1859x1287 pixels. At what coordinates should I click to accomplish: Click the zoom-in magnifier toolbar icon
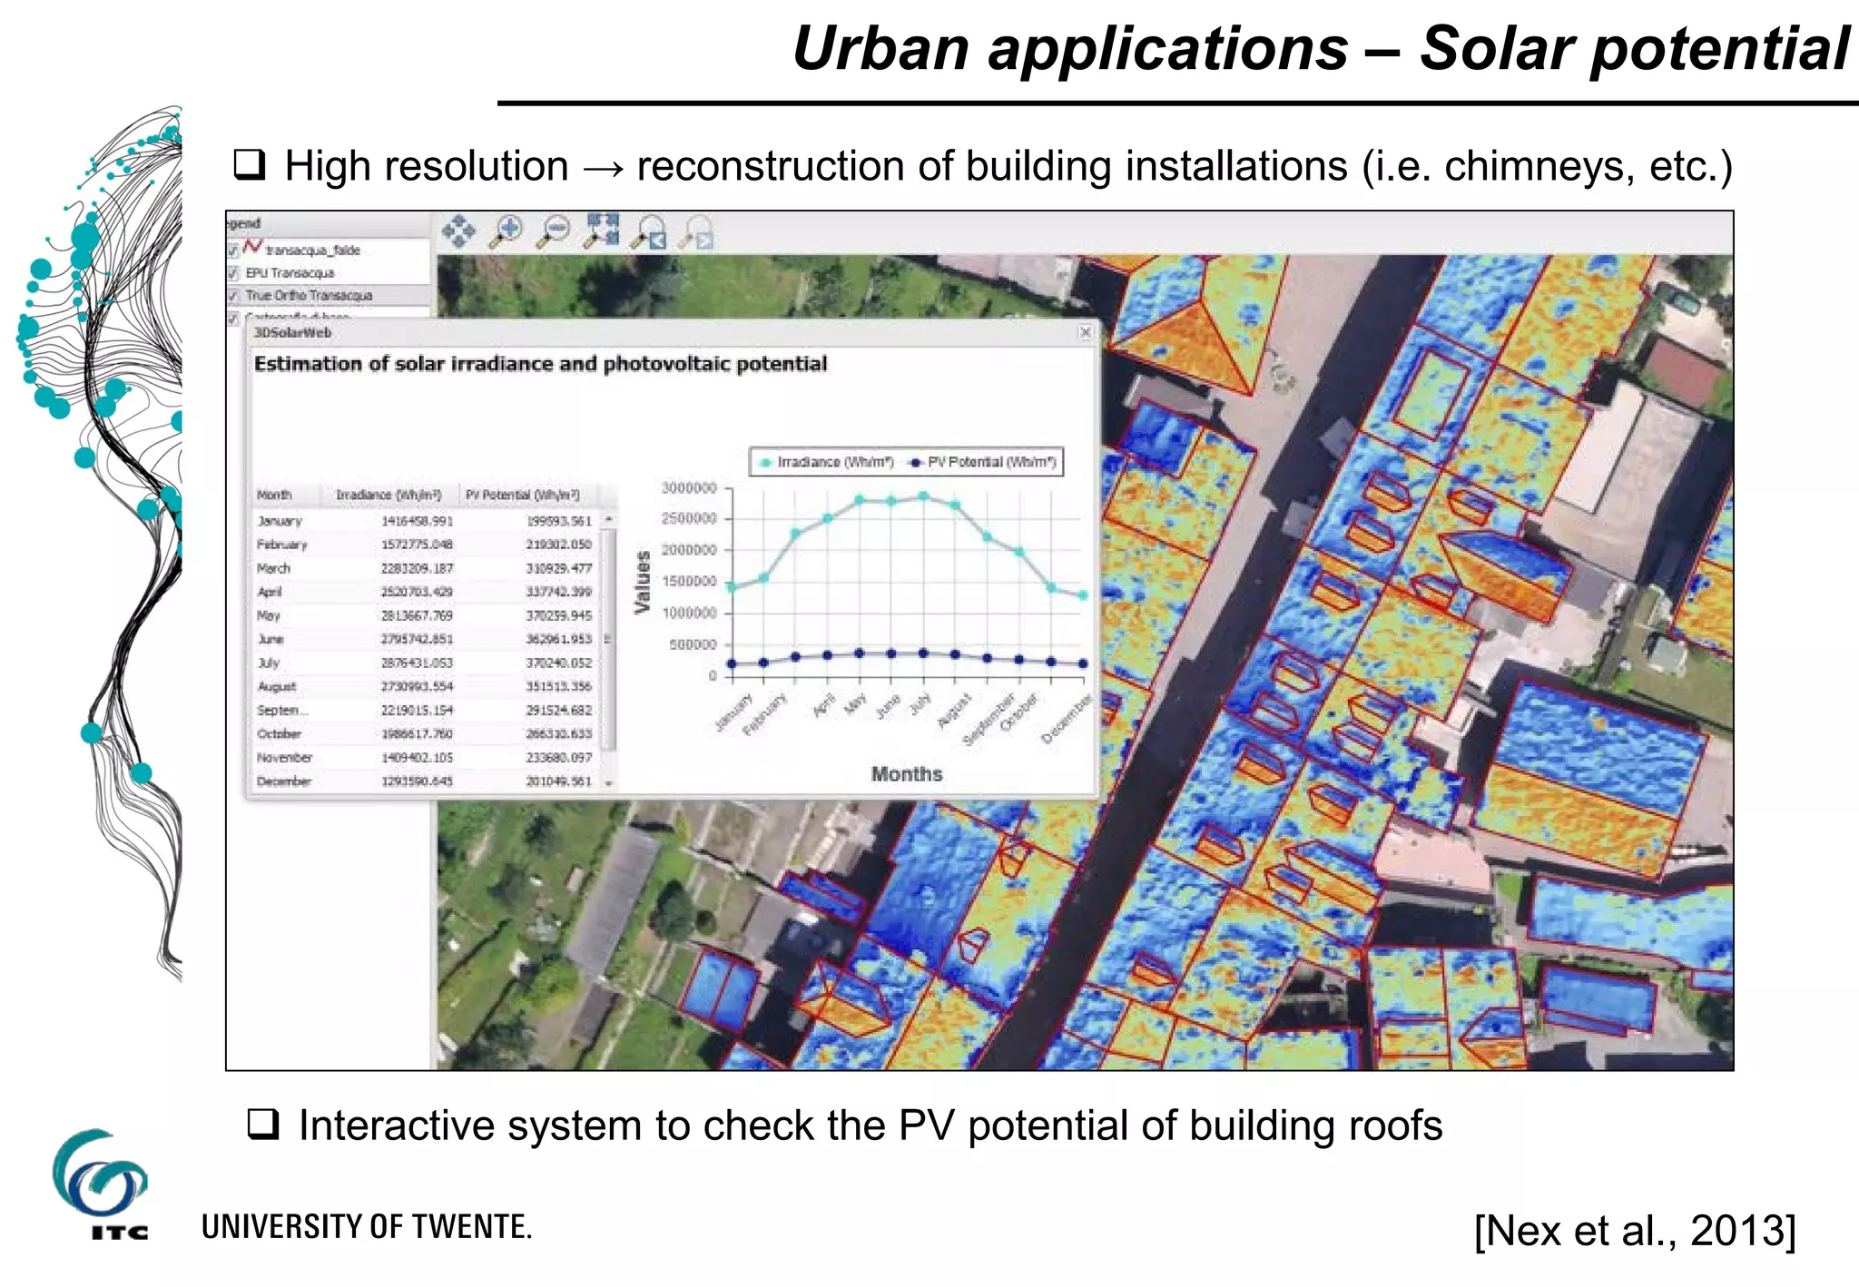[507, 231]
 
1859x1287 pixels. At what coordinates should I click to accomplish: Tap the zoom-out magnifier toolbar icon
[554, 231]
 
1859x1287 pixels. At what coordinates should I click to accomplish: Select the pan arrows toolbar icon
[458, 231]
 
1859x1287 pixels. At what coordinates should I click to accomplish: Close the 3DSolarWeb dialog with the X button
[1085, 333]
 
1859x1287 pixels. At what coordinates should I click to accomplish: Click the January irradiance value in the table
[417, 521]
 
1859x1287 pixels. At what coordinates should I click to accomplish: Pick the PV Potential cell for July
[558, 663]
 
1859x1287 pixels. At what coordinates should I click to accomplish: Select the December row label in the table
[283, 781]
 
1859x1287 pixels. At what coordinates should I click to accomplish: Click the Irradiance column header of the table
[389, 495]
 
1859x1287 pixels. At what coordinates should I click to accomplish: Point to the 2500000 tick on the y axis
[689, 518]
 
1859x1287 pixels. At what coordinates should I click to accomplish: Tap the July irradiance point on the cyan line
[923, 496]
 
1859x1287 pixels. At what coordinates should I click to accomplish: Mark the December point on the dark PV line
[1082, 663]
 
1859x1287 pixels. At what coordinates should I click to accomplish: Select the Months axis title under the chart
[906, 774]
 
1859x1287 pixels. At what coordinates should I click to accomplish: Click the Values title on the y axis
[643, 582]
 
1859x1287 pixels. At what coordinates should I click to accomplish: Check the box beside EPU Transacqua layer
[233, 273]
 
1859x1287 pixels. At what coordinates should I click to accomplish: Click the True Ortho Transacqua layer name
[309, 296]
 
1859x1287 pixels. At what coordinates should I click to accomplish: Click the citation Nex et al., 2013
[1635, 1231]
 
